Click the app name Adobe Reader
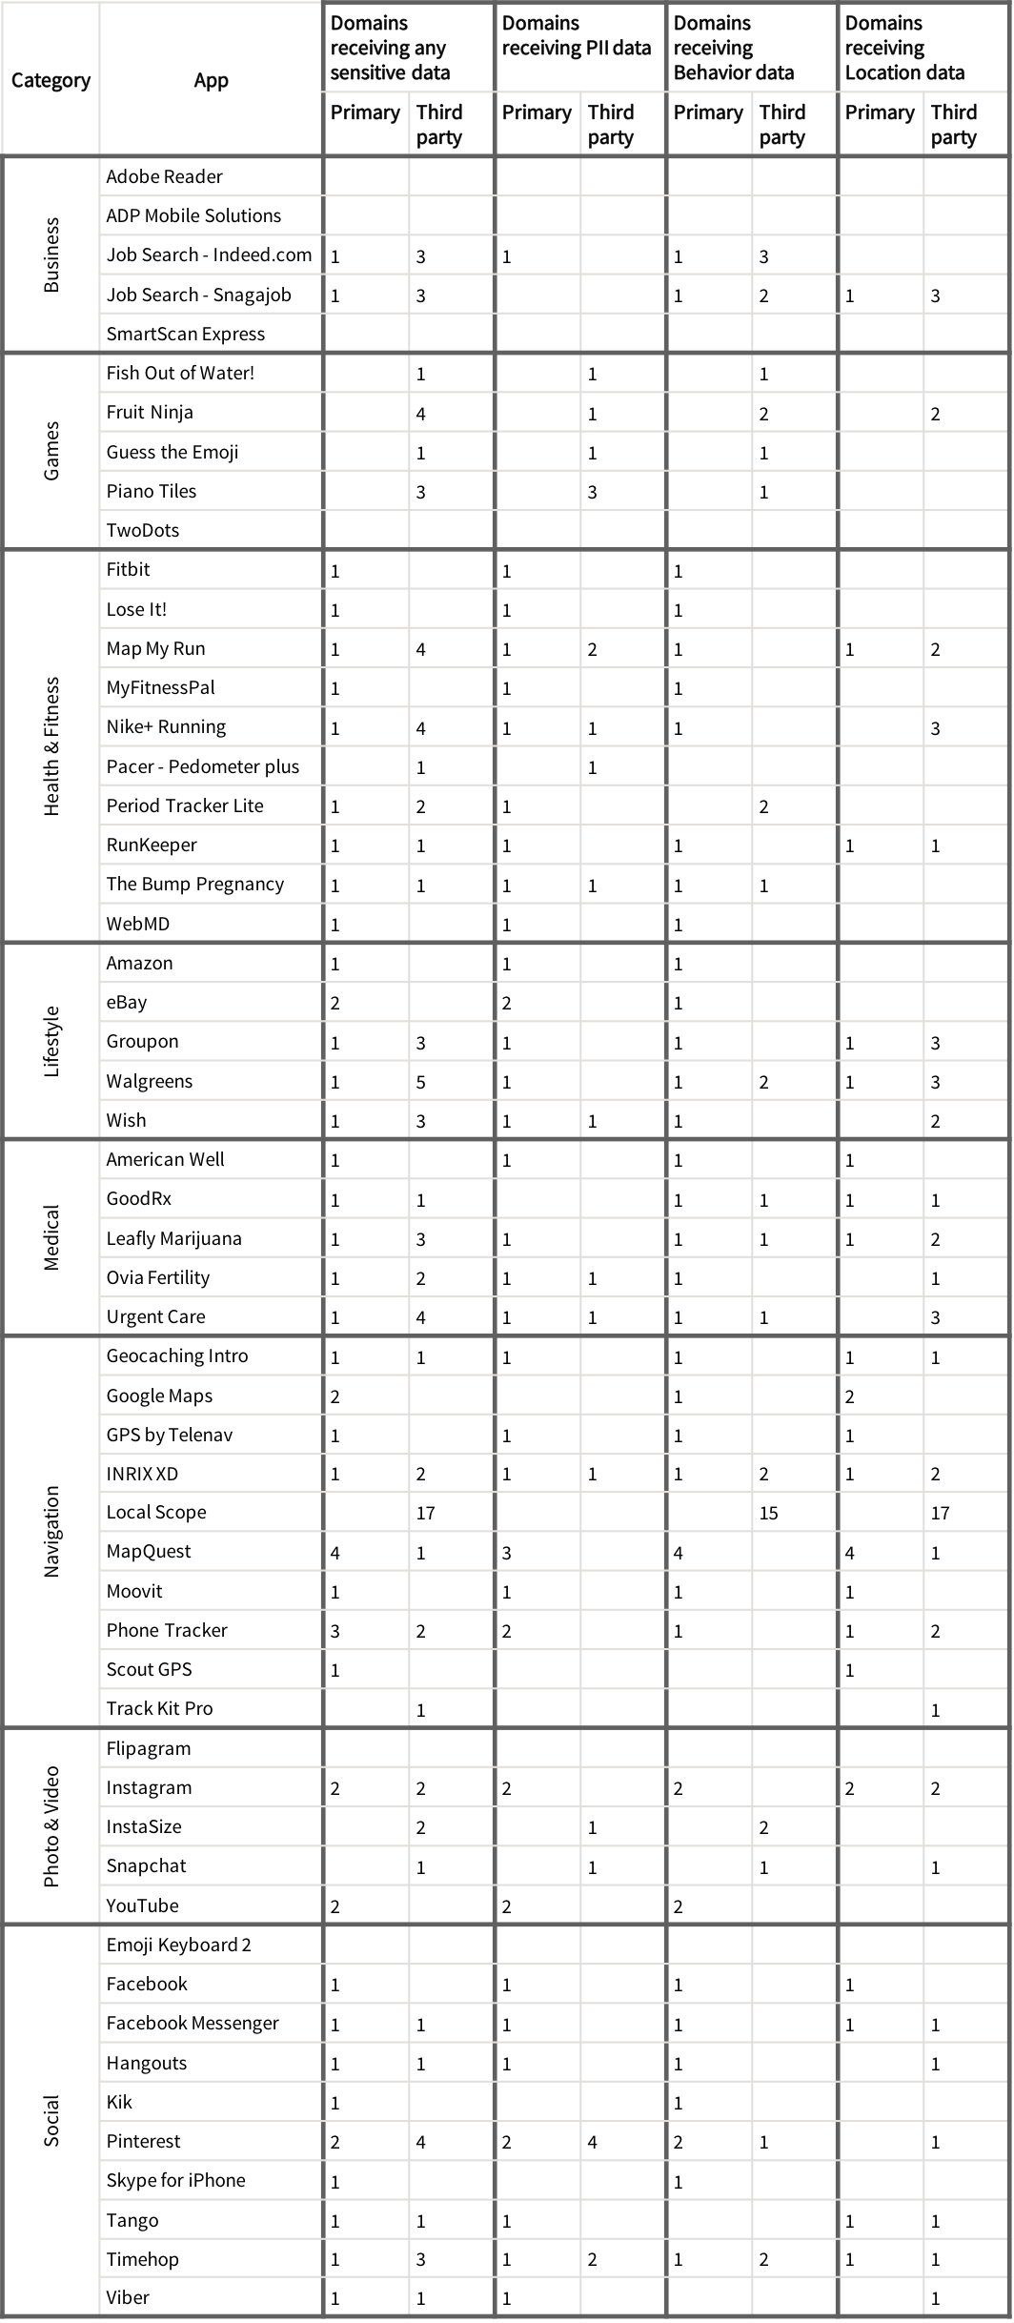click(x=164, y=176)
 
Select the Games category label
click(x=51, y=451)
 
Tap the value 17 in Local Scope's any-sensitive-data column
click(x=425, y=1513)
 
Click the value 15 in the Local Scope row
click(x=768, y=1513)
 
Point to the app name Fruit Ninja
click(x=150, y=412)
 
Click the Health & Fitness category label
click(x=51, y=746)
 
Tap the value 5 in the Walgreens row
click(x=420, y=1082)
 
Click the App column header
click(x=211, y=80)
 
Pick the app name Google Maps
click(x=159, y=1396)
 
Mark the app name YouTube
click(x=142, y=1905)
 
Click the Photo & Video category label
click(x=51, y=1826)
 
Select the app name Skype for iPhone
click(x=175, y=2180)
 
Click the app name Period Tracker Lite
click(x=185, y=805)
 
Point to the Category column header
click(x=51, y=80)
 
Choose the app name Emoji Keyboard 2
click(x=178, y=1945)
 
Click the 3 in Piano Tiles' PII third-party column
click(x=592, y=493)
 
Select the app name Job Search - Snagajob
click(x=198, y=295)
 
